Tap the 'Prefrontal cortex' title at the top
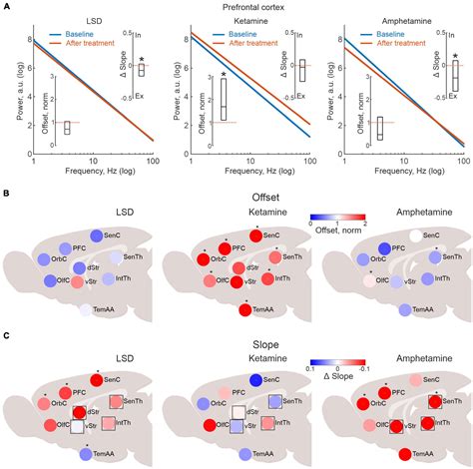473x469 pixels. pos(236,8)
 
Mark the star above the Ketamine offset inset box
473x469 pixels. pos(224,75)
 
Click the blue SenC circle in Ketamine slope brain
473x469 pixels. pos(256,379)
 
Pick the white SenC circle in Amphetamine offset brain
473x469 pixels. pos(416,235)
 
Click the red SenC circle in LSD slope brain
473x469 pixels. pos(97,380)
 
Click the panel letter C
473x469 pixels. pos(7,337)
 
